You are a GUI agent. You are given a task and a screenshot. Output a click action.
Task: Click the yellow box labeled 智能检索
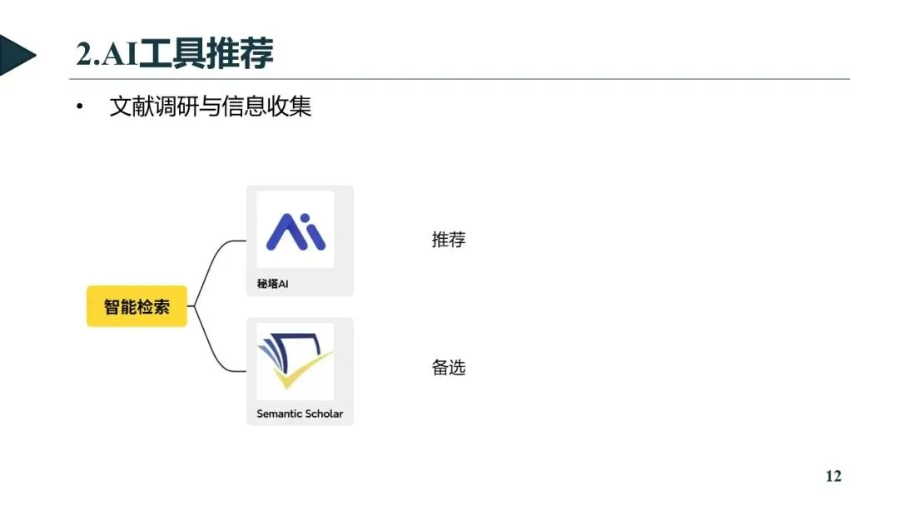click(x=137, y=306)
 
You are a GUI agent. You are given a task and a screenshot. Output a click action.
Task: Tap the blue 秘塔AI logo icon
click(x=295, y=232)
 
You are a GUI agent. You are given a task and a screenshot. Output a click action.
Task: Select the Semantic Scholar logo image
click(x=295, y=361)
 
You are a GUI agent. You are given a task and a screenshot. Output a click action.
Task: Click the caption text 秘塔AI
click(x=273, y=285)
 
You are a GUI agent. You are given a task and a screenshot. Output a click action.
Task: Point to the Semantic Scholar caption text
click(x=300, y=414)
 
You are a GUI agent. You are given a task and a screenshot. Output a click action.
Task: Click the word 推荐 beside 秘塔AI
click(x=449, y=241)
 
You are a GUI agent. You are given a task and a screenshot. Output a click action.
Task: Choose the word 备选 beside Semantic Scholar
click(x=449, y=367)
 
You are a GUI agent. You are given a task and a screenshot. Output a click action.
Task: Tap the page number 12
click(x=833, y=476)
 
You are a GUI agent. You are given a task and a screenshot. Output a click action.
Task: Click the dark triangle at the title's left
click(x=15, y=55)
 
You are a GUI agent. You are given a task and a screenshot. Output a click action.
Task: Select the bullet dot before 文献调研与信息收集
click(x=80, y=108)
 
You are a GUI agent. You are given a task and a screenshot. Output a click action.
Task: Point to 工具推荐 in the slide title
click(x=206, y=55)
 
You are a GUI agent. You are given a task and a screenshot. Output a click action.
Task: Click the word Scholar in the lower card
click(x=321, y=414)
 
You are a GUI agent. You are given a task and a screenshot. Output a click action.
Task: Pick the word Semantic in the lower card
click(x=278, y=414)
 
